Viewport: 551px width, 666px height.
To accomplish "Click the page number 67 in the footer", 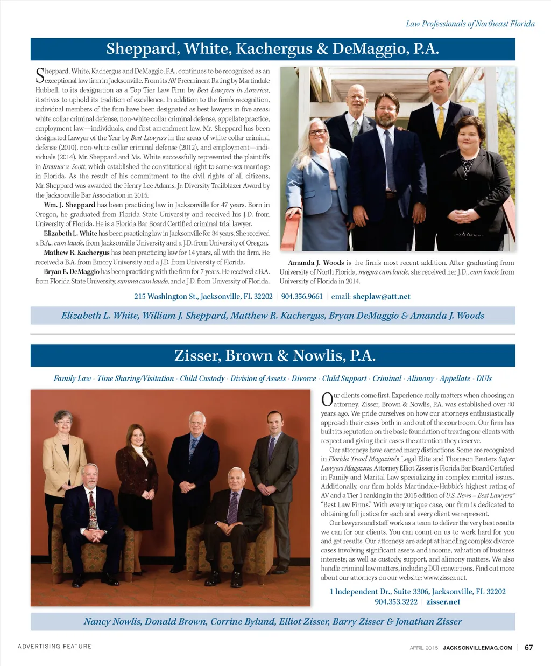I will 528,647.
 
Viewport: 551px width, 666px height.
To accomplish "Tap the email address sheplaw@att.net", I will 382,296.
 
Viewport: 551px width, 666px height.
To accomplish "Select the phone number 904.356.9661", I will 302,296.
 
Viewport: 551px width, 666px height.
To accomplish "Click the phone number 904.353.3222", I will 395,601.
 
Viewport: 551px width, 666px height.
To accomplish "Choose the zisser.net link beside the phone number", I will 443,601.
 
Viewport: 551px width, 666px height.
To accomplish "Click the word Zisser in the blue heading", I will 197,356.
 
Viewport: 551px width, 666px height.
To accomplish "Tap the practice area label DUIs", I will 484,378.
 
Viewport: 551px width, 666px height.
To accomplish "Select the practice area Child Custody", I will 202,378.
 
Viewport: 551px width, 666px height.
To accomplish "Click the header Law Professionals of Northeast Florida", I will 470,24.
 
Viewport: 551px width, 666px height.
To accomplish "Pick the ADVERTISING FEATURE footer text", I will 54,646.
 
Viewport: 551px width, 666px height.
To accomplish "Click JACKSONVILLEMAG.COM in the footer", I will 477,648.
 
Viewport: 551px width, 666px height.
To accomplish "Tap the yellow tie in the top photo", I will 441,121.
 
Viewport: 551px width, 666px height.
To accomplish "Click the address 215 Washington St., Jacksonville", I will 203,296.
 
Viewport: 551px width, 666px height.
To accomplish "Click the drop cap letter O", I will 327,400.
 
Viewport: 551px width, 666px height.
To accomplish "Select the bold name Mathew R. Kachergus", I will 76,253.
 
